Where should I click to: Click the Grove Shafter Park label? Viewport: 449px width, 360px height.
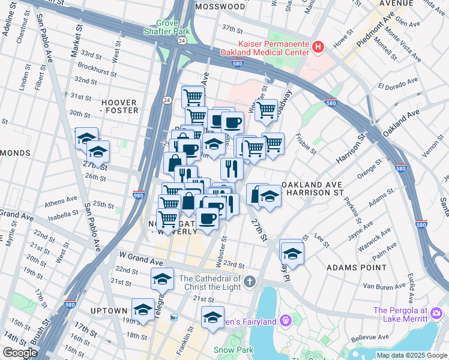(167, 26)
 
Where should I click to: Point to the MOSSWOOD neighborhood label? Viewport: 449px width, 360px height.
(220, 7)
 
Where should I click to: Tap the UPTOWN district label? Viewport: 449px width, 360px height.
(108, 311)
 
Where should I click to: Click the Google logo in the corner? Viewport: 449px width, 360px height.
(19, 353)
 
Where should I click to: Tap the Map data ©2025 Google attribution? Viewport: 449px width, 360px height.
(412, 355)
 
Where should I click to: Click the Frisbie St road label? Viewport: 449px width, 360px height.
(306, 146)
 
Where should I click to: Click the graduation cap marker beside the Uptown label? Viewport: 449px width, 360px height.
(143, 310)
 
